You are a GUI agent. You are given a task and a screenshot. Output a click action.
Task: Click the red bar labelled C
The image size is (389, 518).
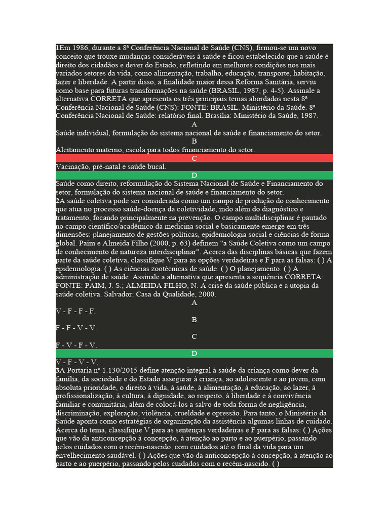tap(194, 158)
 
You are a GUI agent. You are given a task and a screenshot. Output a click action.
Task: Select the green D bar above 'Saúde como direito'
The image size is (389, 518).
tap(194, 175)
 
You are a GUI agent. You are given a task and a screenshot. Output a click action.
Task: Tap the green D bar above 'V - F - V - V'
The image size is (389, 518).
tap(194, 353)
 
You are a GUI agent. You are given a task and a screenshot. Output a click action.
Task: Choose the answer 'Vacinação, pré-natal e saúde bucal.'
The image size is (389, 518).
tap(111, 166)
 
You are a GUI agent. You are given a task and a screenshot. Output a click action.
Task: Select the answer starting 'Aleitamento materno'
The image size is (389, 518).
tap(155, 150)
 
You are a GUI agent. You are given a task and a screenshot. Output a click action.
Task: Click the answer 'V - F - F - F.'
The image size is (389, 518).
tap(76, 311)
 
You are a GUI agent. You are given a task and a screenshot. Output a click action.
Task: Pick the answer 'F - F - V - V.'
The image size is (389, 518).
tap(76, 328)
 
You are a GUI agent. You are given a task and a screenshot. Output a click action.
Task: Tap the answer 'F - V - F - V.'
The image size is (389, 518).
tap(76, 345)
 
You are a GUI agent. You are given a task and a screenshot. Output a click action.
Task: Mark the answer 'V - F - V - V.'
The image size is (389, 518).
tap(76, 362)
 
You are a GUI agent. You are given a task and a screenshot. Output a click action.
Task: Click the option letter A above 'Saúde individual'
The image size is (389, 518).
tap(194, 124)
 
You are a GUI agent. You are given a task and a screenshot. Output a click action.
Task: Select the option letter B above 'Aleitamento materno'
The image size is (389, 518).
tap(194, 141)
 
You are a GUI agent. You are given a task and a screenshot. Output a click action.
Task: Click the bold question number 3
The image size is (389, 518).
tap(57, 370)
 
